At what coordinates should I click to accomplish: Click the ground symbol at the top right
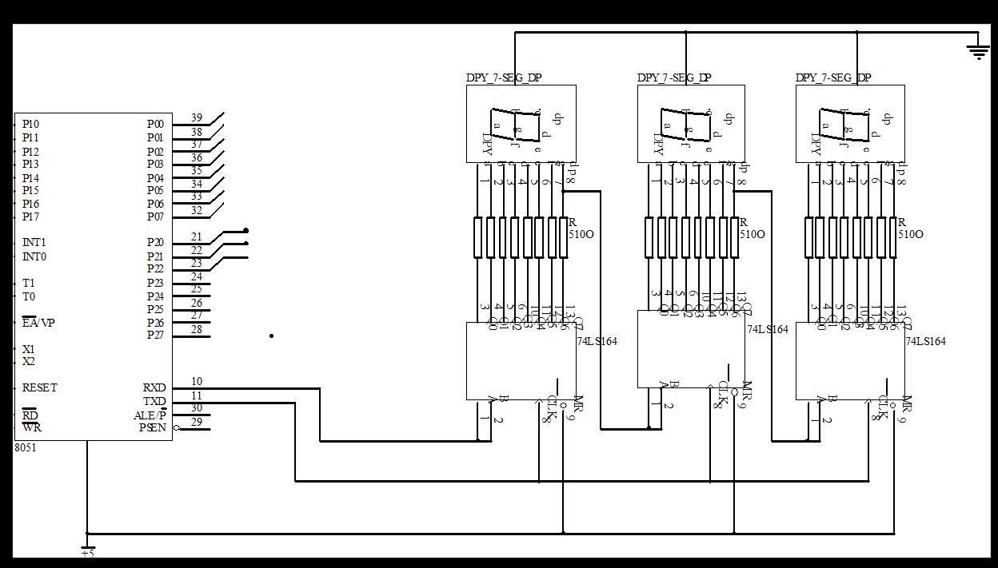pyautogui.click(x=978, y=52)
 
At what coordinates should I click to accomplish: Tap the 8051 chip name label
pyautogui.click(x=26, y=448)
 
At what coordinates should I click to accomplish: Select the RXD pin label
pyautogui.click(x=154, y=388)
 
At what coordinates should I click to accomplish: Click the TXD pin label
pyautogui.click(x=154, y=401)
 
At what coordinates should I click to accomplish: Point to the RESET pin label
pyautogui.click(x=39, y=388)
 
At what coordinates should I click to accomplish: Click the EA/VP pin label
pyautogui.click(x=38, y=324)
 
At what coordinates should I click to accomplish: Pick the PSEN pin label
pyautogui.click(x=153, y=427)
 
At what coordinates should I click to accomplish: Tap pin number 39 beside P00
pyautogui.click(x=197, y=118)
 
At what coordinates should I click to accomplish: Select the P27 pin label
pyautogui.click(x=155, y=336)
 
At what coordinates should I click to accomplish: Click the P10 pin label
pyautogui.click(x=30, y=125)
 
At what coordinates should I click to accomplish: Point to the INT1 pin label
pyautogui.click(x=34, y=243)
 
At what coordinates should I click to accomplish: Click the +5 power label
pyautogui.click(x=87, y=553)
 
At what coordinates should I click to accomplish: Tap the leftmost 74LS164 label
pyautogui.click(x=597, y=342)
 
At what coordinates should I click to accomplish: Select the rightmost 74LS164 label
pyautogui.click(x=925, y=342)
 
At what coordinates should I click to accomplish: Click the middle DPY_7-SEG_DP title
pyautogui.click(x=674, y=78)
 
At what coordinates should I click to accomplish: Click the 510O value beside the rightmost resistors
pyautogui.click(x=910, y=235)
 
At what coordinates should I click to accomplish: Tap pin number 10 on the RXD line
pyautogui.click(x=197, y=382)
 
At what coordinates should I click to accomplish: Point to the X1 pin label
pyautogui.click(x=29, y=350)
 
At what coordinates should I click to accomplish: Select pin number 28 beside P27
pyautogui.click(x=197, y=329)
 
